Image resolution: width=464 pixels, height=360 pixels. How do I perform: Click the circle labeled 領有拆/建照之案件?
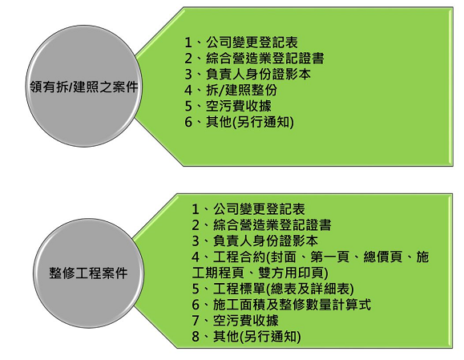tap(84, 86)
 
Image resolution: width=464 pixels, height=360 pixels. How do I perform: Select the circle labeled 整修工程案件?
tap(88, 273)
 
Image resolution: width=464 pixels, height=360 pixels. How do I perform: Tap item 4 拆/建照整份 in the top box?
tap(231, 90)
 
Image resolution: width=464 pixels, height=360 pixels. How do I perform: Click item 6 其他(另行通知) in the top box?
tap(239, 122)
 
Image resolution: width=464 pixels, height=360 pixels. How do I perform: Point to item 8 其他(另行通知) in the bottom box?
tap(246, 336)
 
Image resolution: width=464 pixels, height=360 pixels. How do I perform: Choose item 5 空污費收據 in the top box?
tap(228, 106)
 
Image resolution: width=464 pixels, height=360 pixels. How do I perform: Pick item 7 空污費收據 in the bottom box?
tap(235, 321)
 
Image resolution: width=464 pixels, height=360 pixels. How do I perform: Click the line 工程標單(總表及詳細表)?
tap(272, 289)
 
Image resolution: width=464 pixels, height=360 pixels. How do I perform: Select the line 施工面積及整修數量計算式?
tap(281, 305)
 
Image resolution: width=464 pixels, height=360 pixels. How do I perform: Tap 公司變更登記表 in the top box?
tap(252, 42)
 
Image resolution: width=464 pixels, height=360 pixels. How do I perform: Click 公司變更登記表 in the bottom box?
tap(259, 209)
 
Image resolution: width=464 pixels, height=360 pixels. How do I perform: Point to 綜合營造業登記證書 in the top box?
tap(265, 58)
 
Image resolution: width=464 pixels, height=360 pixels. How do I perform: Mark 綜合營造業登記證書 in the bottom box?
tap(272, 225)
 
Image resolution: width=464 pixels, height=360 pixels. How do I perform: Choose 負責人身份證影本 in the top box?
tap(258, 74)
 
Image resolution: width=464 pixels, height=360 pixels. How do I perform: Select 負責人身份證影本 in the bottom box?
tap(265, 241)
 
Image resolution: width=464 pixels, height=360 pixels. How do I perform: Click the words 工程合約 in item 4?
tap(239, 257)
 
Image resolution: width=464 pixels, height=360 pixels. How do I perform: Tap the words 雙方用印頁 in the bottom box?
tap(292, 273)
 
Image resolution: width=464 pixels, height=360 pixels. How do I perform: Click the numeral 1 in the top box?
tap(188, 42)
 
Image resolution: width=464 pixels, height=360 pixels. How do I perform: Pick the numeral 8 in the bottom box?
tap(196, 337)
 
